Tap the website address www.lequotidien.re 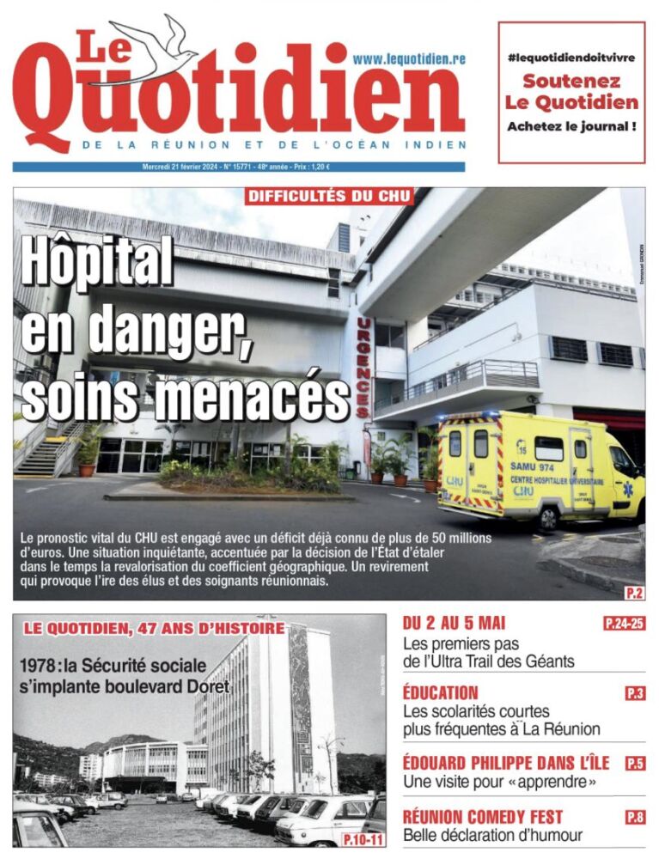click(409, 58)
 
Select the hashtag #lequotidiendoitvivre click(571, 57)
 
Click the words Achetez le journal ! click(571, 126)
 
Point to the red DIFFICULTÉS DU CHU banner click(330, 197)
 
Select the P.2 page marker click(633, 590)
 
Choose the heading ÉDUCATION click(441, 692)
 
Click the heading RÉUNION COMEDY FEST click(483, 816)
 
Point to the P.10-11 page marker click(363, 838)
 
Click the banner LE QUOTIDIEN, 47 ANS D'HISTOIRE click(154, 629)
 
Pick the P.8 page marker click(635, 817)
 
